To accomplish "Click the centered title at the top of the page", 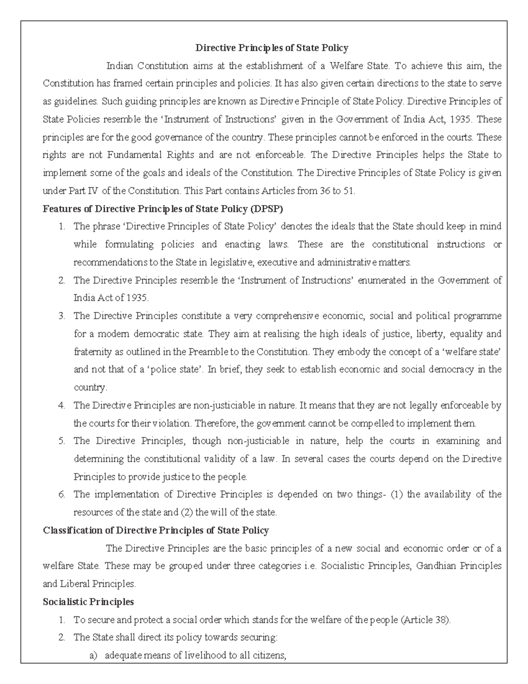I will click(271, 48).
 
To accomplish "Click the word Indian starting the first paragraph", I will click(119, 66).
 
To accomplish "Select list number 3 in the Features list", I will click(62, 316).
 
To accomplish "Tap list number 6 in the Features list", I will click(62, 494).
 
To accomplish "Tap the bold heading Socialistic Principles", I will click(88, 602).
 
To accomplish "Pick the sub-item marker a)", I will click(93, 655).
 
